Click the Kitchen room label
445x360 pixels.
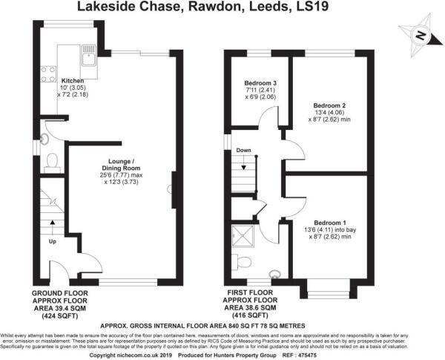72,81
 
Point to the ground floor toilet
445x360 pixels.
51,161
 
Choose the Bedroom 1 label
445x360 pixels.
329,222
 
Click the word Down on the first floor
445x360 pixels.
243,151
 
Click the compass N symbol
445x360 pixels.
419,35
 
